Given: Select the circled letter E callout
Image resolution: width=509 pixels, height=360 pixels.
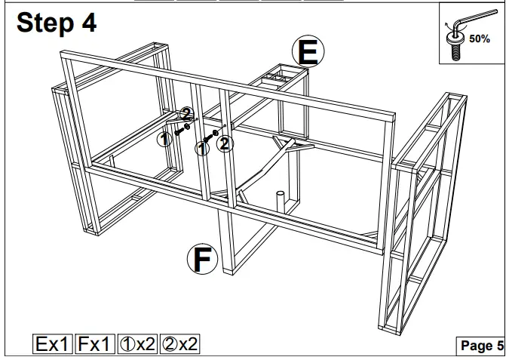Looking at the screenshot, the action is pyautogui.click(x=308, y=52).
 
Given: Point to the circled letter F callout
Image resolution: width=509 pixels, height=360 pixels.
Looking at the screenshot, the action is pyautogui.click(x=202, y=259).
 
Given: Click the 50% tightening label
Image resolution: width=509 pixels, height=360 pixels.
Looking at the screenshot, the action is pyautogui.click(x=480, y=38).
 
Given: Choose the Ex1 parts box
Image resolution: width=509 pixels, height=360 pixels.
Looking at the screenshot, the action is pyautogui.click(x=53, y=345).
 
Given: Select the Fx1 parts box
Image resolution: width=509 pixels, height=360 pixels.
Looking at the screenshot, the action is pyautogui.click(x=95, y=345).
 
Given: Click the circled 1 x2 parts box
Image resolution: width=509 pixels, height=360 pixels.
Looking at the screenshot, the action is pyautogui.click(x=137, y=345).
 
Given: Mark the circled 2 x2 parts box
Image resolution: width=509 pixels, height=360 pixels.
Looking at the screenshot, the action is pyautogui.click(x=180, y=345).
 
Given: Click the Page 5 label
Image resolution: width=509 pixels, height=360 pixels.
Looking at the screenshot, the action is pyautogui.click(x=481, y=346).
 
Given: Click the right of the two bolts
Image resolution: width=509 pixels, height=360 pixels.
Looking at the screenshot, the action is pyautogui.click(x=209, y=138).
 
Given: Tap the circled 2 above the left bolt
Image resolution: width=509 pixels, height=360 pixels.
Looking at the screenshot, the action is pyautogui.click(x=187, y=114).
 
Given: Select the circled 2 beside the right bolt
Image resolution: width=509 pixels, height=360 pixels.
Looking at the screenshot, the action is pyautogui.click(x=225, y=143).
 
